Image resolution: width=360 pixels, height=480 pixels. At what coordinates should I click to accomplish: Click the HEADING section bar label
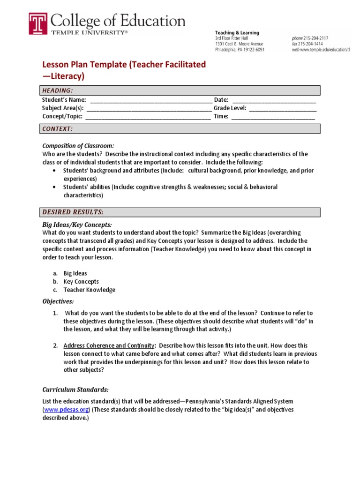58,90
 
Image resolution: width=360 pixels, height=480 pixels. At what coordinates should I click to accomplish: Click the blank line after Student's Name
150,100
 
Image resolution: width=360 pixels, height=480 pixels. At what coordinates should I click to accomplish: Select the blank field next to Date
274,100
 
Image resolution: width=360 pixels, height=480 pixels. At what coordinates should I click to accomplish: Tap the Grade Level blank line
283,108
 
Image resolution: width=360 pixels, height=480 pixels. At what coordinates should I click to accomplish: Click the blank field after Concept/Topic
148,117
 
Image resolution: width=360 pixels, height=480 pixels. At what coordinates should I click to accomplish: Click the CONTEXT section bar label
58,129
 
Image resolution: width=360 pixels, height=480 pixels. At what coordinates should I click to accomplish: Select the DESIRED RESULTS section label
73,212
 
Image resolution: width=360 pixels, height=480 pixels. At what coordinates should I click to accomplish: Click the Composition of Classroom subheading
78,145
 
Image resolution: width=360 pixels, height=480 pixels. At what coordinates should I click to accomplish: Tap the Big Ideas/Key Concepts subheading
77,225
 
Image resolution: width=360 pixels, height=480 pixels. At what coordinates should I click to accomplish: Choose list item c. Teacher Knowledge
89,290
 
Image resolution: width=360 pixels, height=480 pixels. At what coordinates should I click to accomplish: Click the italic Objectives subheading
58,301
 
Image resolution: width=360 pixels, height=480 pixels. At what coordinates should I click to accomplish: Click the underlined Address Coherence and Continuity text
109,345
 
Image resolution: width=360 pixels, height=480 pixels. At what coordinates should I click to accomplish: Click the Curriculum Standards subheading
75,390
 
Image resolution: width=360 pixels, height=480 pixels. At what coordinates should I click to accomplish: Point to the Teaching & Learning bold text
237,32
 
